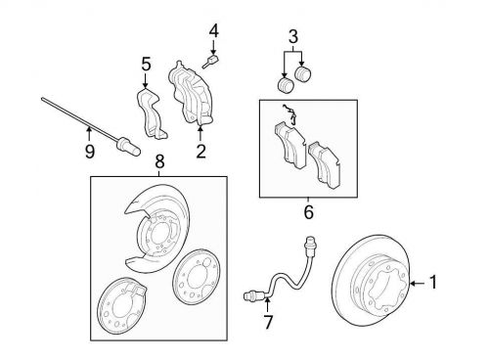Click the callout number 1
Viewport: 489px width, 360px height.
click(x=433, y=283)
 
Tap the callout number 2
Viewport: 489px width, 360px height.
click(x=201, y=151)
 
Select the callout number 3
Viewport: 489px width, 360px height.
click(x=293, y=37)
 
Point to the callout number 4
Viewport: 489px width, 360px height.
click(x=214, y=31)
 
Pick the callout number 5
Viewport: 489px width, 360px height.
click(x=147, y=64)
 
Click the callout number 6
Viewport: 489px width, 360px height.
click(x=308, y=212)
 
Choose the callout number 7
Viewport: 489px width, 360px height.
click(x=268, y=322)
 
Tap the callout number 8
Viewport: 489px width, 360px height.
click(x=159, y=161)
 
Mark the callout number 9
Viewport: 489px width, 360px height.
click(x=90, y=152)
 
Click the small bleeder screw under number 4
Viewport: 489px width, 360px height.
click(x=210, y=62)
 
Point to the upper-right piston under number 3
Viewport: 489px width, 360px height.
click(x=303, y=73)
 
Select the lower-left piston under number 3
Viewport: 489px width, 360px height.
click(x=286, y=85)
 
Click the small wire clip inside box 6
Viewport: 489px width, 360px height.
click(x=289, y=113)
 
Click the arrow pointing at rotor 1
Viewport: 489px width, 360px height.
click(x=418, y=284)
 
